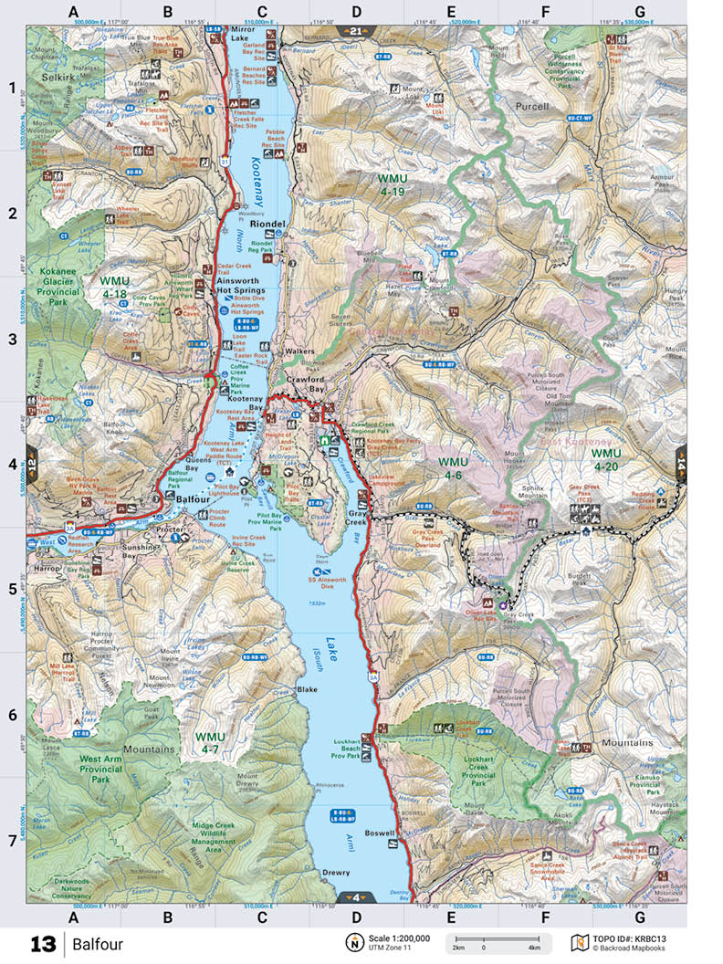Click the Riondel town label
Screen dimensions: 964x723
(x=268, y=223)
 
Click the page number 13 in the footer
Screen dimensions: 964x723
(x=43, y=943)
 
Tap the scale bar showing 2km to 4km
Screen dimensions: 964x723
(x=498, y=942)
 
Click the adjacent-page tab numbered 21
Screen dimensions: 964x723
(x=355, y=30)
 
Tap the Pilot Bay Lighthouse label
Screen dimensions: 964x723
(x=207, y=479)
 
